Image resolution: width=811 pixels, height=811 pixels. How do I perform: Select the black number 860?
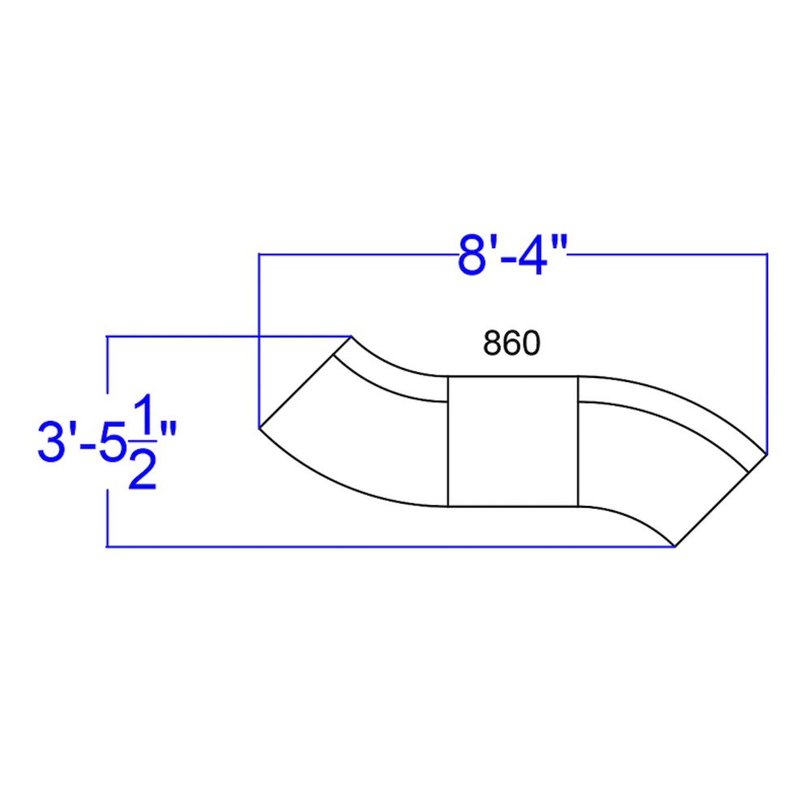[x=511, y=344]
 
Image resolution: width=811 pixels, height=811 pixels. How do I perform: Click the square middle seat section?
[x=513, y=442]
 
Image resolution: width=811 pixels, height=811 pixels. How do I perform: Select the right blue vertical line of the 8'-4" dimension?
[x=767, y=349]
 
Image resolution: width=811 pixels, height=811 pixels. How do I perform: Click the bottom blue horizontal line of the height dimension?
[x=389, y=547]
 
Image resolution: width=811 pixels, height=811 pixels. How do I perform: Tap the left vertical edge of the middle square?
[x=448, y=442]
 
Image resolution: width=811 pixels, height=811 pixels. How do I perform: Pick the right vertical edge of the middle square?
[x=577, y=442]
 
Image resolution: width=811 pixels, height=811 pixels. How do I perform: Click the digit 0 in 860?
[x=530, y=344]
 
